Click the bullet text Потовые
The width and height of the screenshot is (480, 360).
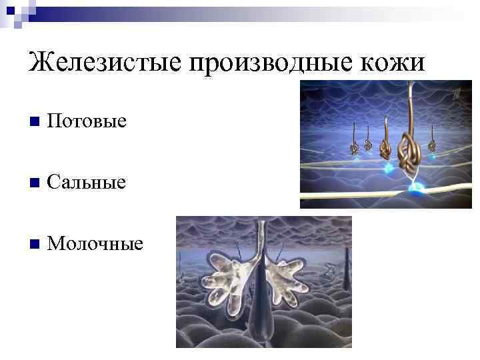click(x=87, y=121)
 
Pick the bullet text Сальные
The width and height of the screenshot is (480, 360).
click(x=87, y=182)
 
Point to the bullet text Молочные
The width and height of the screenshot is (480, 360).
click(x=95, y=243)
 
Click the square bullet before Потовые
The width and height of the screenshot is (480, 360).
click(x=34, y=122)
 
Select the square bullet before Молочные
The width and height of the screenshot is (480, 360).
click(x=34, y=244)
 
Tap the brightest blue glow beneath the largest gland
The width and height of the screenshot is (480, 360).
click(x=419, y=190)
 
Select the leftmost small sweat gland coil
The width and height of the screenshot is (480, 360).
click(x=354, y=148)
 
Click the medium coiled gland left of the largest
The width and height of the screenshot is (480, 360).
click(x=385, y=145)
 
